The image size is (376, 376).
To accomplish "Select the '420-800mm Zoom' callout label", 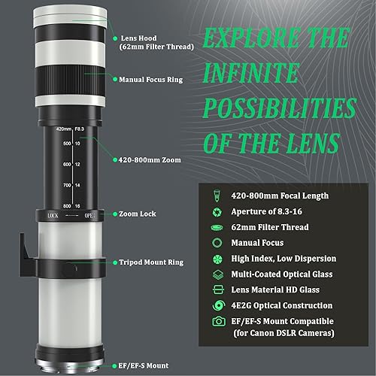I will point(150,159).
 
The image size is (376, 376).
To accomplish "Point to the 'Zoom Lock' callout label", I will point(137,214).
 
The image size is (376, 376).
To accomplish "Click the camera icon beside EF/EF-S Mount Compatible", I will point(218,322).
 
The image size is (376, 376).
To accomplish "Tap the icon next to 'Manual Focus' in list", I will point(218,242).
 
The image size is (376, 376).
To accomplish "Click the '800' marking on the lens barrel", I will point(68,205).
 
